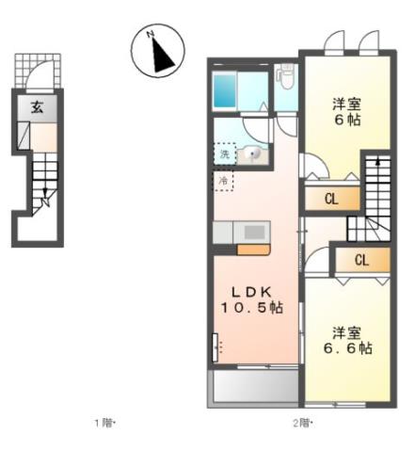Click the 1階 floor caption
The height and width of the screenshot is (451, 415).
click(104, 423)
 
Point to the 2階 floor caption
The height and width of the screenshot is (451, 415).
click(302, 423)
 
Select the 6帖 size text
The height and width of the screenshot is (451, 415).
click(346, 120)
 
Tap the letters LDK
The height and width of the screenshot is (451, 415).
click(249, 289)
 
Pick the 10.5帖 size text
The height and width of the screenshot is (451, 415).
click(249, 307)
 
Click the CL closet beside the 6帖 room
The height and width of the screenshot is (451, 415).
click(331, 199)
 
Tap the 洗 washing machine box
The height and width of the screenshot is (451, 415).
click(225, 153)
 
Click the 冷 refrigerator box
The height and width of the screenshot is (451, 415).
click(224, 179)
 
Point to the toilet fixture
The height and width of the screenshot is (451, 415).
click(285, 76)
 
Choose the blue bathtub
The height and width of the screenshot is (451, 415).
click(227, 90)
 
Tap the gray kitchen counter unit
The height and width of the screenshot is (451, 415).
click(241, 232)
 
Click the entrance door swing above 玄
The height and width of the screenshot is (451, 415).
click(40, 75)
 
